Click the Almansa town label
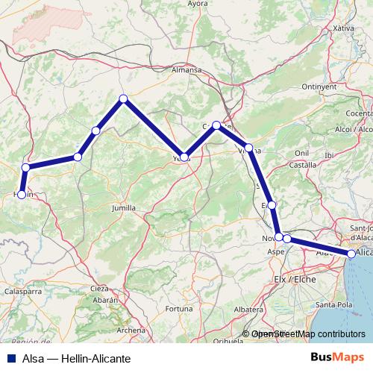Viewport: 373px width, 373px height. click(x=186, y=70)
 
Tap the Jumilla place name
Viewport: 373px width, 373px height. click(x=123, y=207)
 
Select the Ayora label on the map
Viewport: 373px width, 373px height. click(x=198, y=4)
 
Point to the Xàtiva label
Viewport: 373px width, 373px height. click(x=343, y=28)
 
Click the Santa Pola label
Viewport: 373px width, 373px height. click(x=332, y=304)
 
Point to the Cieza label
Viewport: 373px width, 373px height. click(x=99, y=288)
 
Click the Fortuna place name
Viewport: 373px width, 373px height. click(x=180, y=308)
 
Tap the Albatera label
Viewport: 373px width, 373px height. click(x=248, y=308)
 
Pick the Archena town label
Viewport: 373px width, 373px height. click(x=131, y=330)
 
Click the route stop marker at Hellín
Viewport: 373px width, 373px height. click(x=22, y=195)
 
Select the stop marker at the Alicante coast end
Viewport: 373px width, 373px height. click(x=351, y=254)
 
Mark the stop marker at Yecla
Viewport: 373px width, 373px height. click(x=184, y=157)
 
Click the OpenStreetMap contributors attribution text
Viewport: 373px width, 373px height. click(x=308, y=335)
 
